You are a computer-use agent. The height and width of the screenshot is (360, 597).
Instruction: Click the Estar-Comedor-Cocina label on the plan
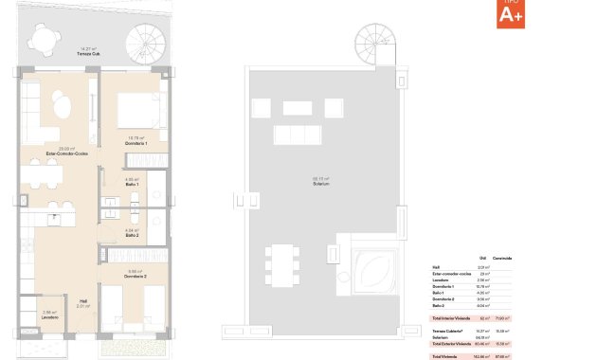pos(66,152)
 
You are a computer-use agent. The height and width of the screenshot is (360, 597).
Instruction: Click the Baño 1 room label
pos(133,185)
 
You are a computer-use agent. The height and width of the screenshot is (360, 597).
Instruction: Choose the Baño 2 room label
pos(133,235)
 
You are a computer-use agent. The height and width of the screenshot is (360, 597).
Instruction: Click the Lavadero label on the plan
pos(51,316)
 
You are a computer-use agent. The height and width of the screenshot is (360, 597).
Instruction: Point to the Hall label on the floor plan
pos(83,299)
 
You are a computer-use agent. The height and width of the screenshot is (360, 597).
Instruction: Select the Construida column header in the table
pos(501,258)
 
